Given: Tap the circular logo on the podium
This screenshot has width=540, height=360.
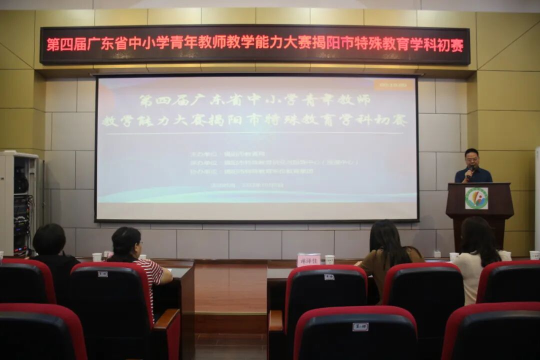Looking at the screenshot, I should click(x=476, y=198).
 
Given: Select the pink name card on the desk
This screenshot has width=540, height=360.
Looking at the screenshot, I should click(x=308, y=259).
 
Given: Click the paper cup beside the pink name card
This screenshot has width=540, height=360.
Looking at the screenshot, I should click(x=329, y=259).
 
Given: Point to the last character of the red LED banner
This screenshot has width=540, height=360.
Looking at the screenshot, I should click(x=457, y=44).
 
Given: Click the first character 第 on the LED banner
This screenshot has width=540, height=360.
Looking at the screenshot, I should click(x=53, y=44).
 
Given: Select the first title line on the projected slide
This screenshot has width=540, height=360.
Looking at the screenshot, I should click(x=254, y=100).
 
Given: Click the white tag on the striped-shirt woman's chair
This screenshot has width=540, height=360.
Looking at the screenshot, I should click(x=102, y=274).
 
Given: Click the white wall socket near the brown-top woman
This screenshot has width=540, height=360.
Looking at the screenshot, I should click(x=437, y=254).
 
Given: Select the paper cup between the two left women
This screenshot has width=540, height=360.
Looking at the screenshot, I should click(x=96, y=257).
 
